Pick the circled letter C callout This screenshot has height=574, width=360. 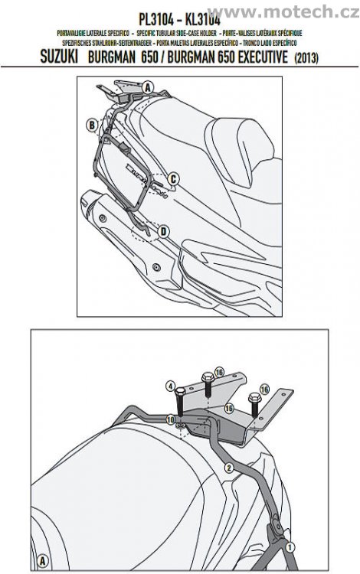tap(173, 180)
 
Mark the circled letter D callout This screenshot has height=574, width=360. tap(163, 231)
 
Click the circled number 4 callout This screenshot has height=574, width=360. tap(173, 386)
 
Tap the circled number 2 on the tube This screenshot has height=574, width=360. tap(228, 466)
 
